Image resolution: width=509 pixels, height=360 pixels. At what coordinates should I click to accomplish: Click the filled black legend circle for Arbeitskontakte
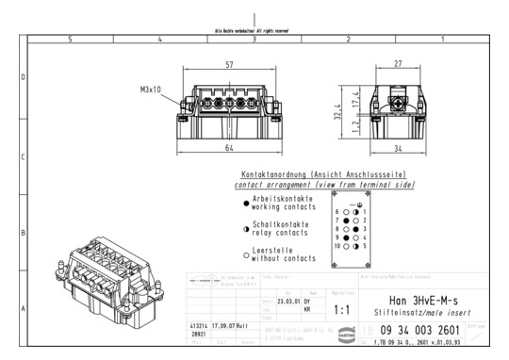tap(246, 202)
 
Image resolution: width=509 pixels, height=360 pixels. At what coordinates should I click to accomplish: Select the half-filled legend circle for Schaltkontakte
tap(246, 227)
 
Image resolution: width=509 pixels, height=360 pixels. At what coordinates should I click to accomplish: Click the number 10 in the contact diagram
tap(337, 245)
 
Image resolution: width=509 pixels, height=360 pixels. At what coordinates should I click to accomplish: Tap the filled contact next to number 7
tap(346, 221)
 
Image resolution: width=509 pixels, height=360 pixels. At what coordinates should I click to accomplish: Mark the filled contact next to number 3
tap(357, 229)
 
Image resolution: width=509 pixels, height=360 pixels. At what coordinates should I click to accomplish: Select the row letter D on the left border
tap(23, 77)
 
